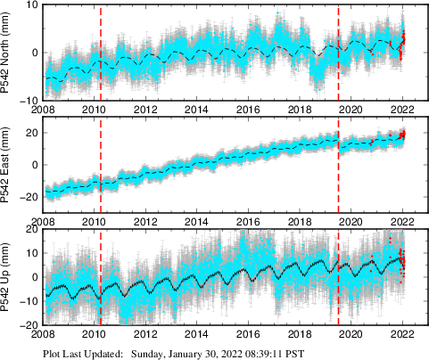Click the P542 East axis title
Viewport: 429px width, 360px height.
coord(8,165)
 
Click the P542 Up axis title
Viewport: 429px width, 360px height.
coord(8,277)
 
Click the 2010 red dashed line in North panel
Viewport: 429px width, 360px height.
coord(101,53)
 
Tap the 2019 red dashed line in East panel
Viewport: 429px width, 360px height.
coord(339,165)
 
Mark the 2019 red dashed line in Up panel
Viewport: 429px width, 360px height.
coord(339,277)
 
